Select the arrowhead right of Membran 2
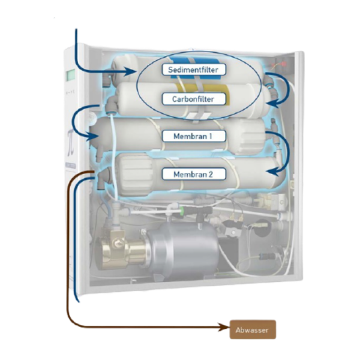(x=271, y=173)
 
